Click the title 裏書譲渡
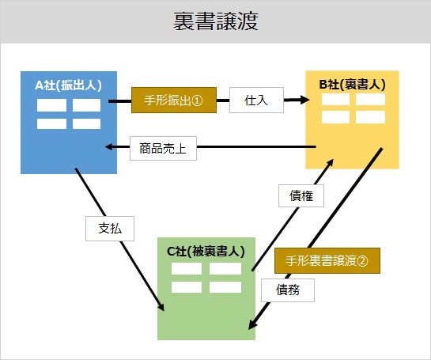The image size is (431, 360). coord(216,21)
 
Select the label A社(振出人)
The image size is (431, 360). coord(69,85)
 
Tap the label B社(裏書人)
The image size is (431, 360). coord(353,85)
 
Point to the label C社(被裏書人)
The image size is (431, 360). coord(206,252)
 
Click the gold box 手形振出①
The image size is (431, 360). coord(174,100)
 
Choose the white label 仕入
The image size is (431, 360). coord(256,100)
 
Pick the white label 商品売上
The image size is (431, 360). coord(163,148)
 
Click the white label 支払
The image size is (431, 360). coord(110,229)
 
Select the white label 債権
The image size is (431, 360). coord(301,195)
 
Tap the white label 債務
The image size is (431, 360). coord(288,290)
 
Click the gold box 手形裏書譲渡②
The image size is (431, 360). coord(327,261)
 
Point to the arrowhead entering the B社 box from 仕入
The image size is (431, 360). coord(304,100)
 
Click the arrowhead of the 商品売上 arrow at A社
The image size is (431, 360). coord(110,147)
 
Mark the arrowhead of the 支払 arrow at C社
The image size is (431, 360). coord(161,306)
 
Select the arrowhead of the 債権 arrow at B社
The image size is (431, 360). coord(330,163)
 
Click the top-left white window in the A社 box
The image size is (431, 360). coord(51,105)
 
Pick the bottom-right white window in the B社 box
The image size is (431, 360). coord(370,117)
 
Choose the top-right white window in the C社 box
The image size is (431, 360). coord(225,269)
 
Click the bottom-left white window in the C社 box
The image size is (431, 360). coord(187,287)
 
